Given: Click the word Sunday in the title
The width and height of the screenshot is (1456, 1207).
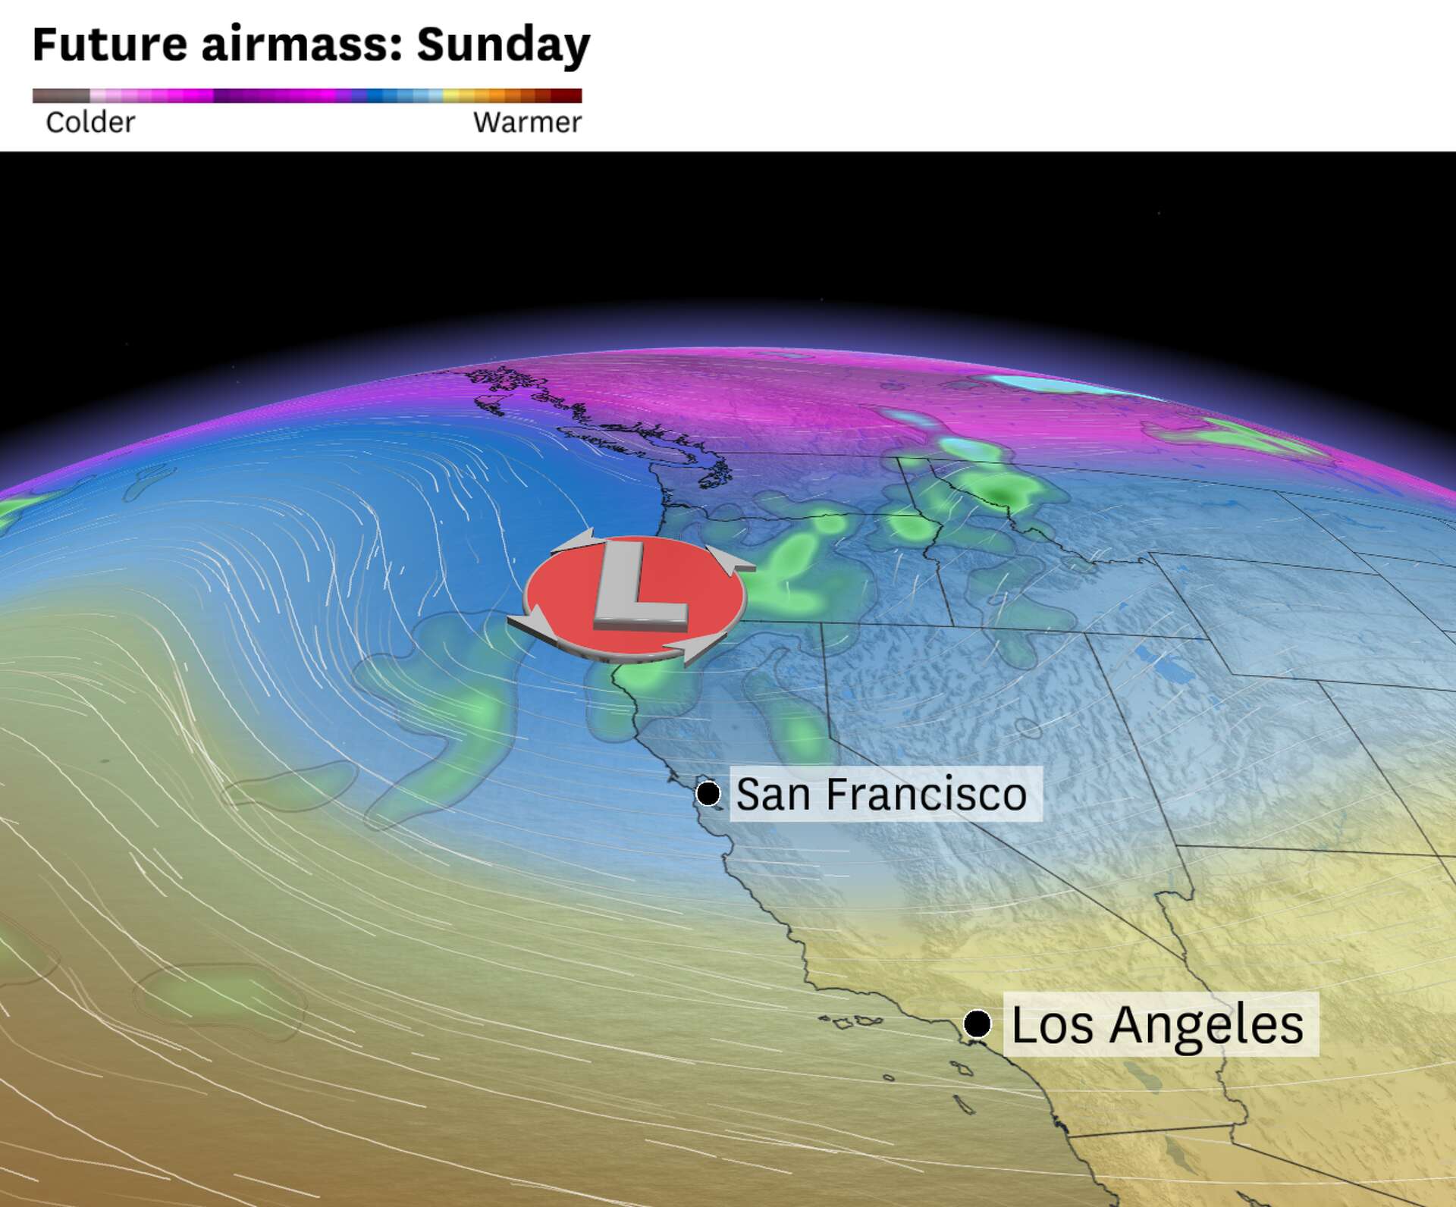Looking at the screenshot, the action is click(x=503, y=44).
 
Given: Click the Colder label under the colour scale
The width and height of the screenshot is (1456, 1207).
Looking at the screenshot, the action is click(x=90, y=122).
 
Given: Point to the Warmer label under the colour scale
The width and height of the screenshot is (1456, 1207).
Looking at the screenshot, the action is click(x=527, y=122).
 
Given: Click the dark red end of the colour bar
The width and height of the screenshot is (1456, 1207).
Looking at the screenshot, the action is click(x=567, y=96).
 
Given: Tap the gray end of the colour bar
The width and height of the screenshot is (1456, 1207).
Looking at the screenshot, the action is click(x=59, y=96).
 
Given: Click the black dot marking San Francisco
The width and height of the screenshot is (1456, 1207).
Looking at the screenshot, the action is click(x=708, y=794).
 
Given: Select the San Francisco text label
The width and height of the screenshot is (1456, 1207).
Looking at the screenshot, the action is click(x=881, y=794).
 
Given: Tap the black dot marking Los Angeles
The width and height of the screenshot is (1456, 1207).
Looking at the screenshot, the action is click(x=977, y=1024).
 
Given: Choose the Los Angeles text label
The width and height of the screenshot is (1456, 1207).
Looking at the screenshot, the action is click(x=1157, y=1024).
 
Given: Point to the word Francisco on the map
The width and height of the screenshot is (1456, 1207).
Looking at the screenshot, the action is click(x=926, y=794).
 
